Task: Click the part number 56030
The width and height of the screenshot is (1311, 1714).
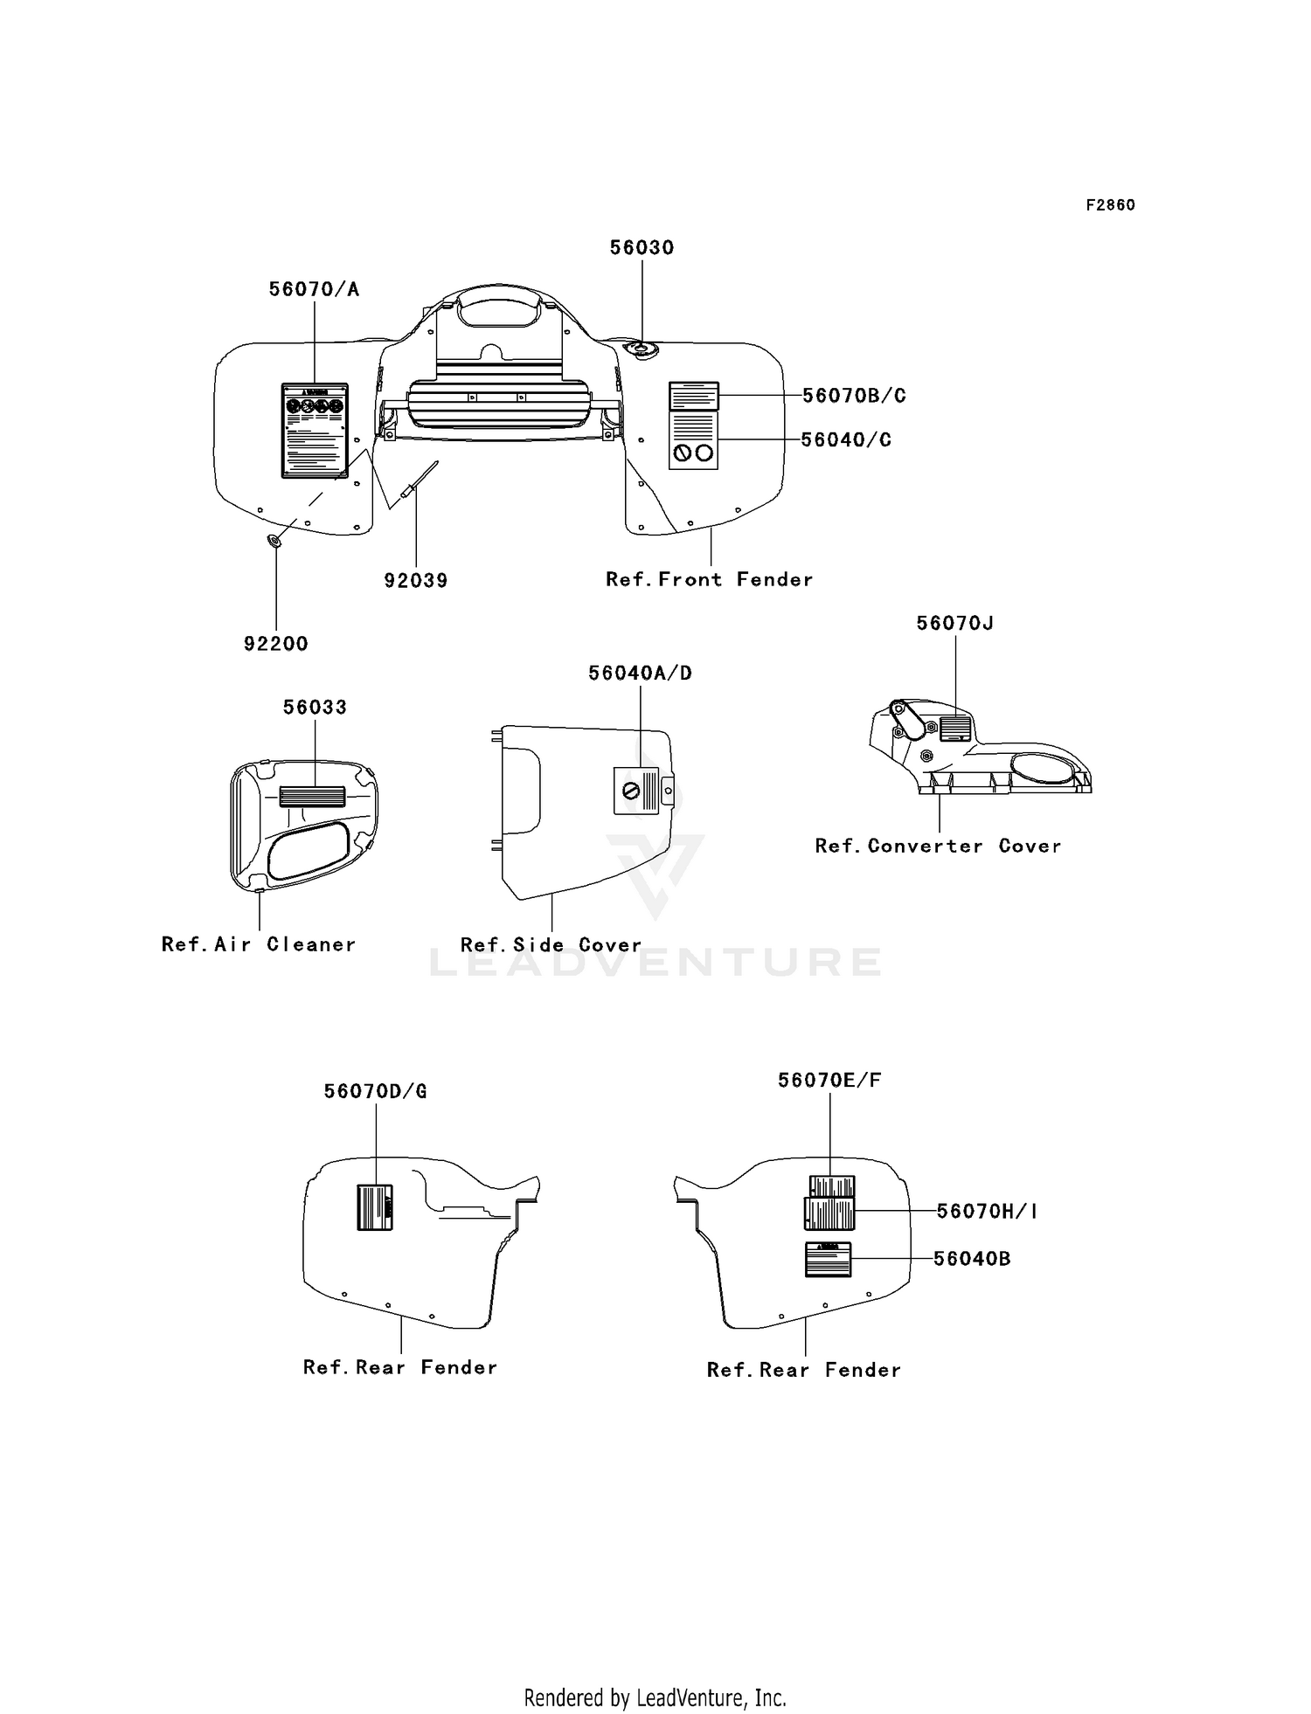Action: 642,247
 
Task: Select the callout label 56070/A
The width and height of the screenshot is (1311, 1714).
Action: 314,289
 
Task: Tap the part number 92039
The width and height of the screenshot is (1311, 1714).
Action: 416,580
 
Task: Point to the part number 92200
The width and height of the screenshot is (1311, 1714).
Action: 275,644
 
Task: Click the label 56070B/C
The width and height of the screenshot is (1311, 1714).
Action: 854,396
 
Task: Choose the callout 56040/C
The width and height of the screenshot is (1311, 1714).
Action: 846,439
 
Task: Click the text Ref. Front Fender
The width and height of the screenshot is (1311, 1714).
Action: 709,579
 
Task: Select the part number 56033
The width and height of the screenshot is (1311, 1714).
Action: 315,707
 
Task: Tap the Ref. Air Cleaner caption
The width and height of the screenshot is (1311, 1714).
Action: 259,944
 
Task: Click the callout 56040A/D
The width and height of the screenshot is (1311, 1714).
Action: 640,673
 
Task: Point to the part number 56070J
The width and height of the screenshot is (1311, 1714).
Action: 954,623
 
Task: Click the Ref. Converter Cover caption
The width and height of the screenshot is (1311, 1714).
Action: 938,846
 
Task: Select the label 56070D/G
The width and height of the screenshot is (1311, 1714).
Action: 375,1091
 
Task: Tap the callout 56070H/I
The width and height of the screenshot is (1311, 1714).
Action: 987,1211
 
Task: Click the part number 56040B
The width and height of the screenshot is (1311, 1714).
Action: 972,1259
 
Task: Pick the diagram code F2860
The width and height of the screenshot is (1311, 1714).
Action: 1110,205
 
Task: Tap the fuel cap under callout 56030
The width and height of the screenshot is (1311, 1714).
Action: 642,349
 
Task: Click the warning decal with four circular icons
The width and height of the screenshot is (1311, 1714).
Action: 314,430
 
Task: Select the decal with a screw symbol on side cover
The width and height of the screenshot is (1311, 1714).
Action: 636,791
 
